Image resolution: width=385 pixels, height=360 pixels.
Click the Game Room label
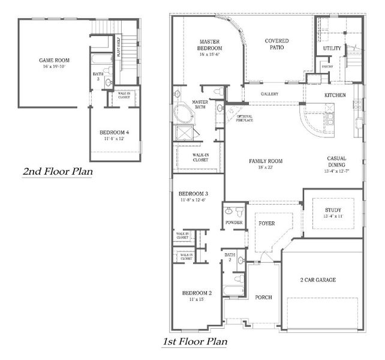click(x=55, y=61)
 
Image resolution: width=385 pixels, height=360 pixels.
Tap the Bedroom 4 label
click(x=115, y=132)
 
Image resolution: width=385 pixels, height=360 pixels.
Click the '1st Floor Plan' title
click(x=194, y=342)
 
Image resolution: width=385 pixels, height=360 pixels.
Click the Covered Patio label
click(x=276, y=44)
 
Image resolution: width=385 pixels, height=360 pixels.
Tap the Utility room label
click(x=332, y=47)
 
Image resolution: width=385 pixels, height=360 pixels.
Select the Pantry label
click(x=327, y=67)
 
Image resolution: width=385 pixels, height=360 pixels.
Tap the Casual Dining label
click(x=337, y=162)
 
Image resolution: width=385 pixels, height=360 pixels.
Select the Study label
click(x=333, y=210)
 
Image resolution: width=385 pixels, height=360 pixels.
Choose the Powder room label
click(x=234, y=223)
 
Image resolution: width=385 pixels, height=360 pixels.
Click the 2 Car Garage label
click(x=318, y=280)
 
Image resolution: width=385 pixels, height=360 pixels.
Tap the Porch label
click(x=263, y=297)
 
